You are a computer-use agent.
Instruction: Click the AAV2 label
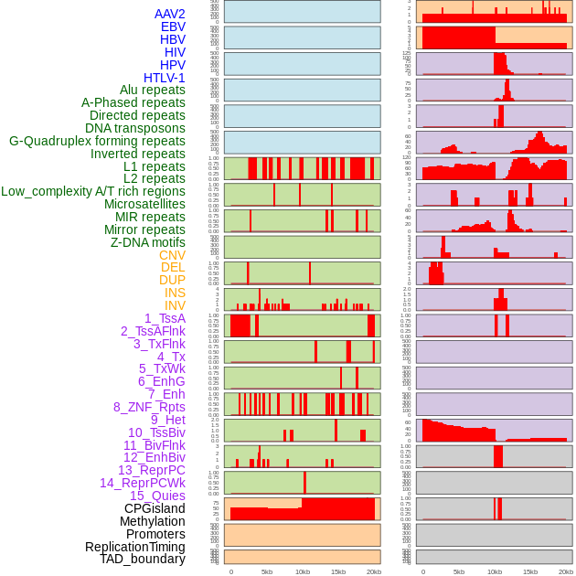tap(170, 14)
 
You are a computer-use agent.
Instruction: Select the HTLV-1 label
tap(165, 78)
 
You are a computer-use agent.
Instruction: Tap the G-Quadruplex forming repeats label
tap(97, 141)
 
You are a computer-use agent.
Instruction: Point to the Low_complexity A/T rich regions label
tap(93, 191)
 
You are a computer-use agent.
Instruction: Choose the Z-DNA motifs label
tap(148, 242)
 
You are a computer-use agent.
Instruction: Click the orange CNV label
tap(172, 255)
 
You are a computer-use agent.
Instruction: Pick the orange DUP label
tap(172, 280)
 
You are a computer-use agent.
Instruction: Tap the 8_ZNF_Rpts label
tap(149, 407)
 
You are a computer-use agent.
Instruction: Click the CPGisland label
tap(155, 508)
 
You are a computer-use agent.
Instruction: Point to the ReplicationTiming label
tap(134, 547)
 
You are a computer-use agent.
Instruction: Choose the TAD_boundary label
tap(143, 559)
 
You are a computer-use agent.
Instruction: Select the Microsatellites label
tap(144, 204)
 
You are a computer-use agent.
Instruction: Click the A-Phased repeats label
tap(133, 102)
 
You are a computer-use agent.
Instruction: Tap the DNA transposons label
tap(135, 128)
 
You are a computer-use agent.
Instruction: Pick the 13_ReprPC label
tap(151, 470)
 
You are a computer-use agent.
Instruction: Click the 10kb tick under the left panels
tap(303, 571)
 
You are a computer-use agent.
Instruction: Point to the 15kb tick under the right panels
tap(530, 571)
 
